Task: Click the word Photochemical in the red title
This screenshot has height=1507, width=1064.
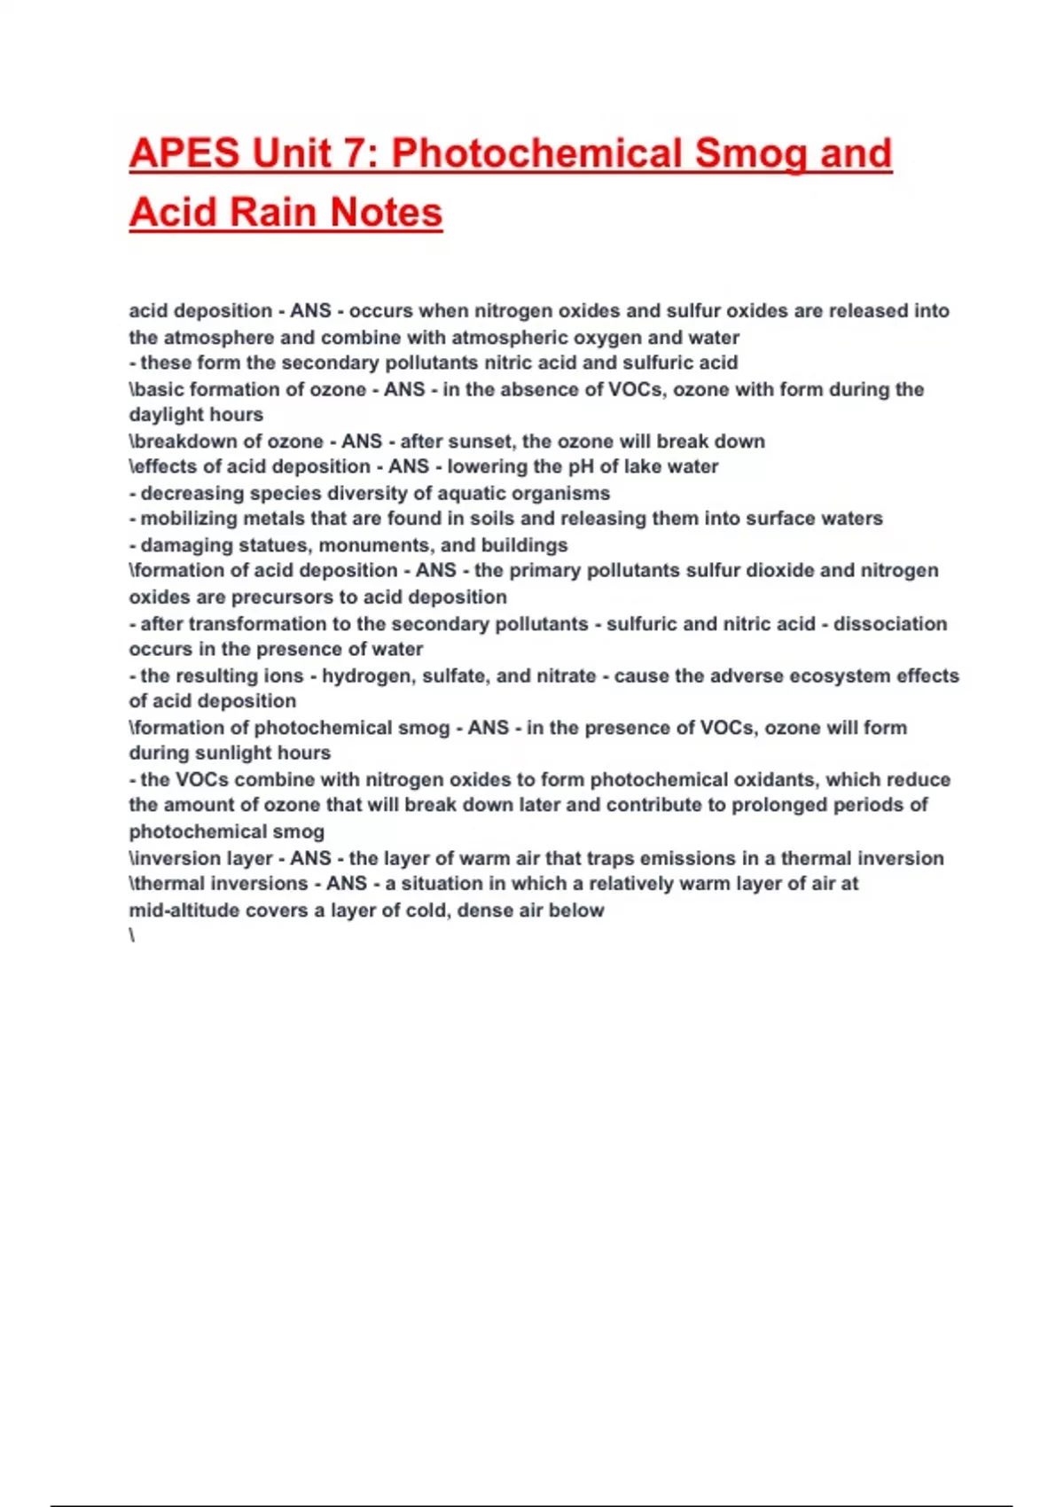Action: click(x=536, y=153)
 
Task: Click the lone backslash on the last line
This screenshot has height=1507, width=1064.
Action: click(x=132, y=936)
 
